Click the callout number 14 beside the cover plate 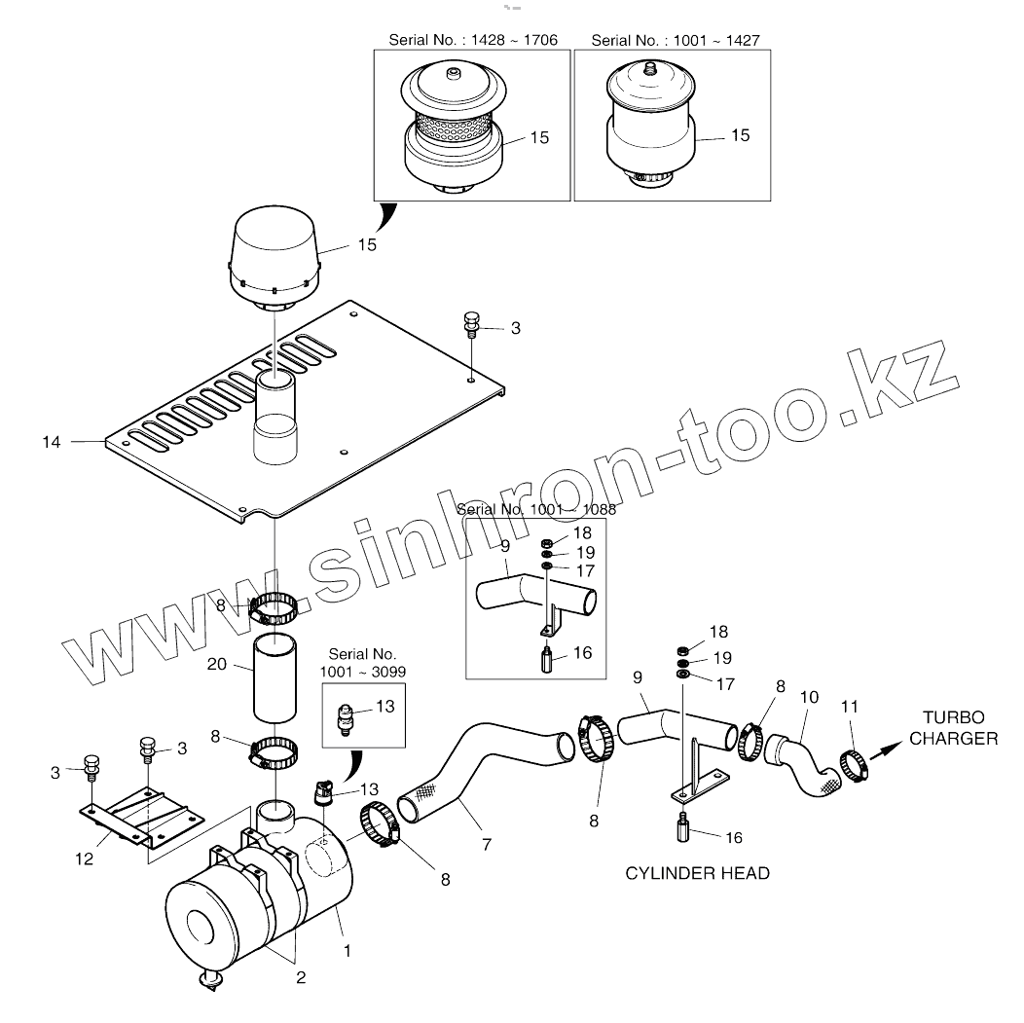[52, 442]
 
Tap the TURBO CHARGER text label [953, 729]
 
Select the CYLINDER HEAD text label [697, 873]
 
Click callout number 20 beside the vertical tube [217, 664]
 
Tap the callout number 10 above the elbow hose [809, 698]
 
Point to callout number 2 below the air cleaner [301, 977]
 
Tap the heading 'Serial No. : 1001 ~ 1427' [676, 40]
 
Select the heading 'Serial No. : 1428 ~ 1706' [473, 40]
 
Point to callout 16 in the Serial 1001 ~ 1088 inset [582, 653]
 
